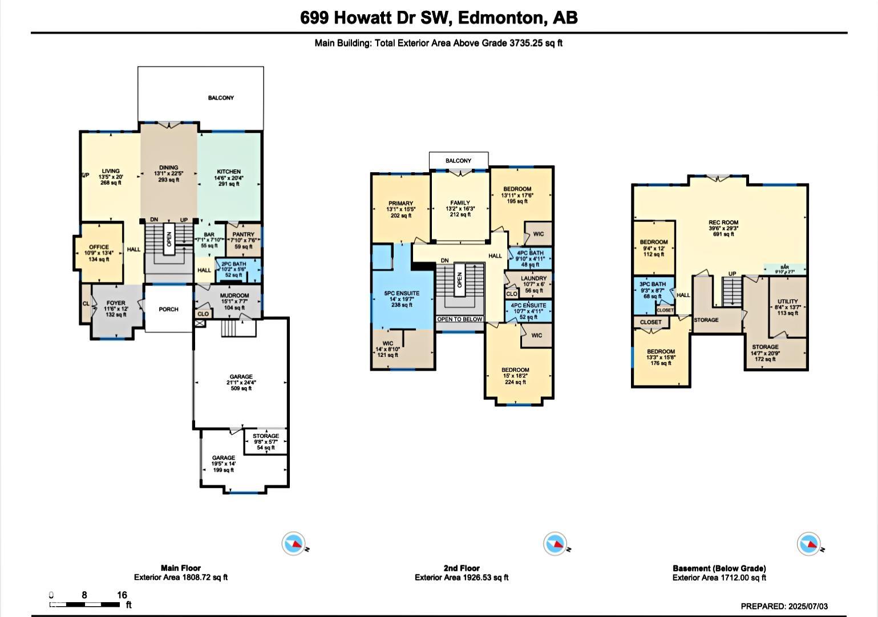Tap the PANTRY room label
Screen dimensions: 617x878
tap(243, 234)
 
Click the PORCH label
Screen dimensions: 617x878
tap(168, 309)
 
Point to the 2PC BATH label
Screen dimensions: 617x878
tap(233, 264)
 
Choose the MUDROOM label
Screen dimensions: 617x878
tap(234, 295)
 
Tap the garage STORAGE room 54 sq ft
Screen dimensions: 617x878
tap(266, 442)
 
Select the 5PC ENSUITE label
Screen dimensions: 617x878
tap(402, 294)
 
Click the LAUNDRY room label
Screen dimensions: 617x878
tap(533, 279)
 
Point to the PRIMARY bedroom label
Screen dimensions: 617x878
tap(400, 204)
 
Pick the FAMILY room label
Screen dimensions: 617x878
tap(460, 203)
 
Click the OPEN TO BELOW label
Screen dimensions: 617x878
tap(460, 319)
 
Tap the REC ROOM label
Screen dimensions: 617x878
tap(723, 223)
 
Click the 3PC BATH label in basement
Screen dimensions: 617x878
tap(652, 284)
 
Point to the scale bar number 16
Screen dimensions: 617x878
tap(122, 595)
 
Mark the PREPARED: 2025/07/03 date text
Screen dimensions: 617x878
tap(784, 606)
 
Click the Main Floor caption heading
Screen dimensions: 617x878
tap(180, 568)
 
